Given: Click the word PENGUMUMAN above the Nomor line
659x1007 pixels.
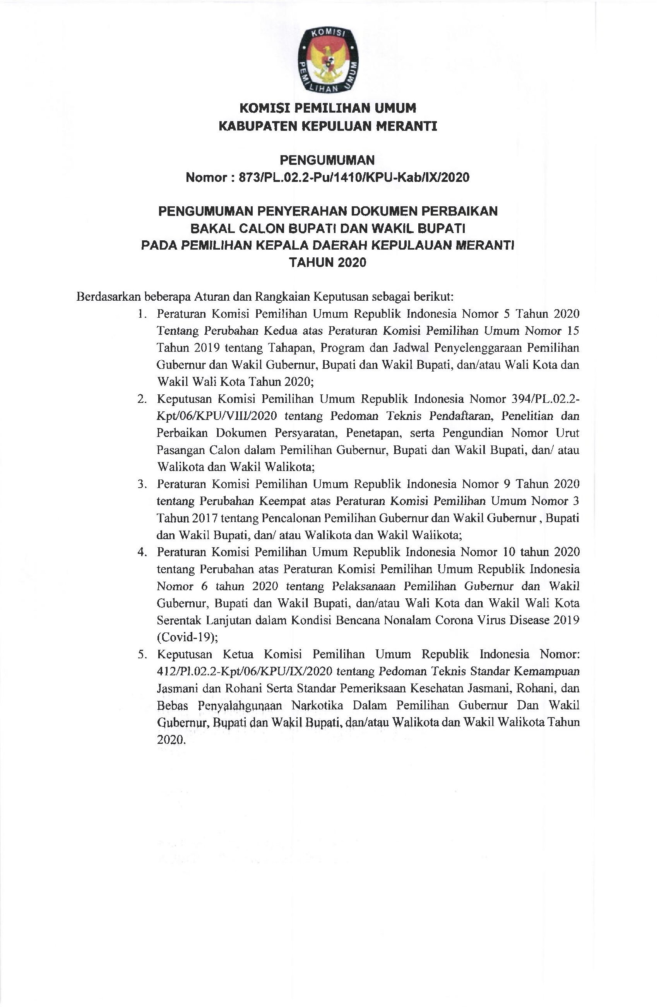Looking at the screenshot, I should (327, 160).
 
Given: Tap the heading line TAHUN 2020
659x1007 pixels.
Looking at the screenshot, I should (327, 263).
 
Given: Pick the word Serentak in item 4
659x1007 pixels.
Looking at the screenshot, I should (178, 620).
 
